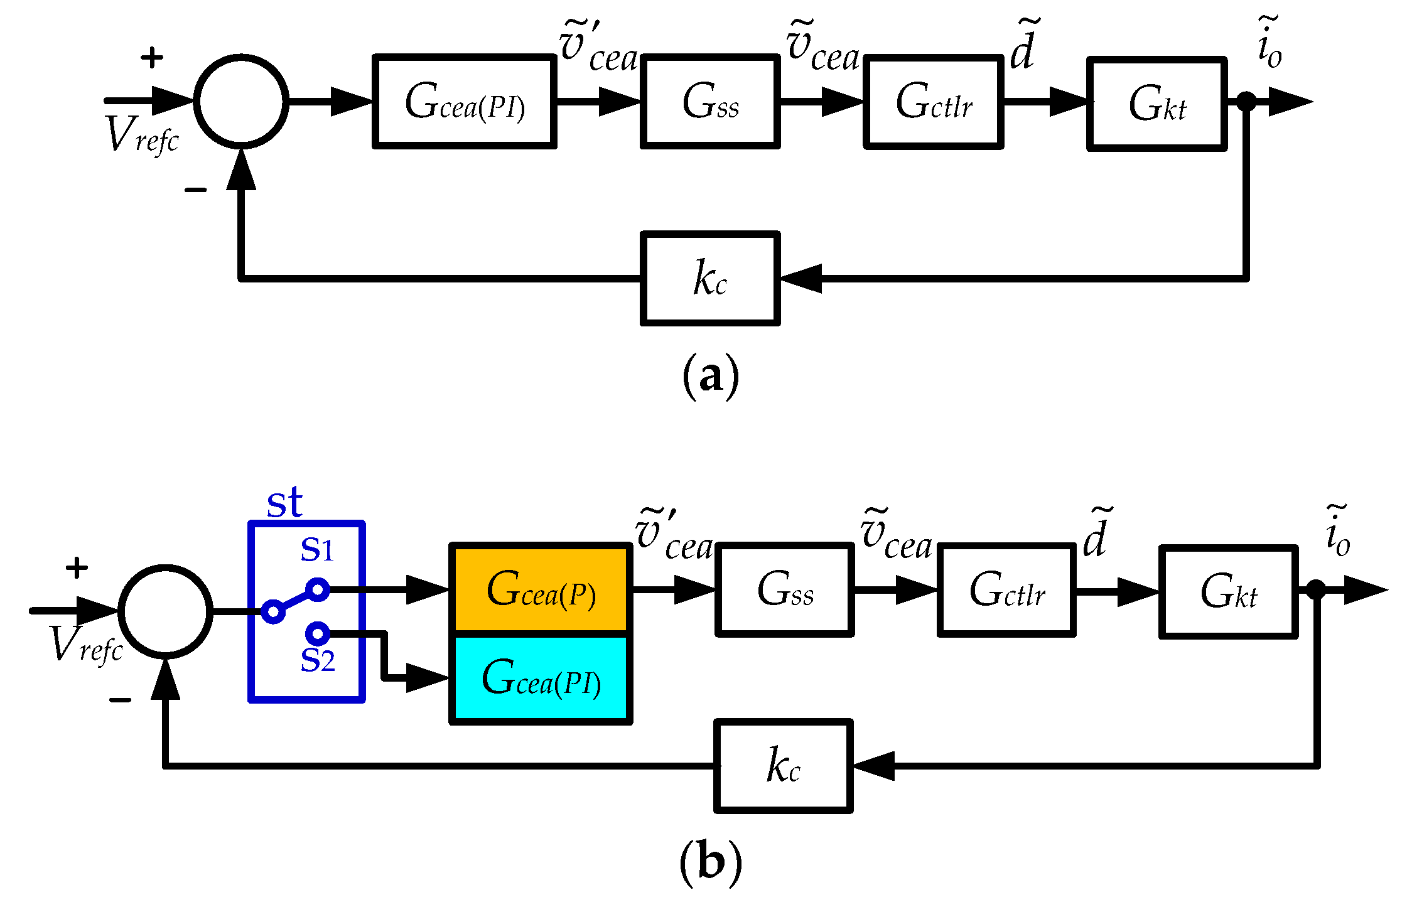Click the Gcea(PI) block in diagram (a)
465,102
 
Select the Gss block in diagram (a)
710,102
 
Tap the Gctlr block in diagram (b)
1006,590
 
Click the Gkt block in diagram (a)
1156,104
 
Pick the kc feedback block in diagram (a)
710,278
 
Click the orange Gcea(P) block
541,589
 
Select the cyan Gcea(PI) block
541,678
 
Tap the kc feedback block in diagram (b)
783,766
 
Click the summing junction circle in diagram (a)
241,102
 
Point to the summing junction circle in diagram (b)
165,611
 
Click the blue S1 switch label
317,550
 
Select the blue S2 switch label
318,660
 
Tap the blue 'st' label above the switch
284,503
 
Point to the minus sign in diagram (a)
195,190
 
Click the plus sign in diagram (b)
77,567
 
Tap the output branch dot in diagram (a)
1246,101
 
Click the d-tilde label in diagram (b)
1096,535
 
